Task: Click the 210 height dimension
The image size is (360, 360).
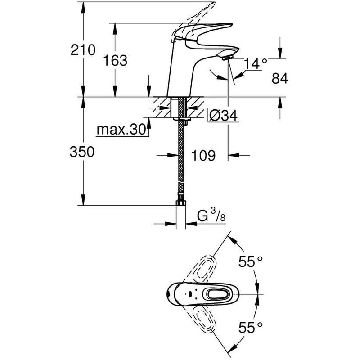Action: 83,50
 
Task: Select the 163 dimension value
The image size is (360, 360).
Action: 115,60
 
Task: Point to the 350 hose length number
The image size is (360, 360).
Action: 82,152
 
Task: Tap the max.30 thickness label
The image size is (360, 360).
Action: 121,130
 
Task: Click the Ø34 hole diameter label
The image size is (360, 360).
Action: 223,115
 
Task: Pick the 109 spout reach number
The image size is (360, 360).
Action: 204,155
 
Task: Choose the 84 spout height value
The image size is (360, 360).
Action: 280,78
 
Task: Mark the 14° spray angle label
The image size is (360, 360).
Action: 256,63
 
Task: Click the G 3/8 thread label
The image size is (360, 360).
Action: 211,216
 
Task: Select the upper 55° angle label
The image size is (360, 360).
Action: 251,261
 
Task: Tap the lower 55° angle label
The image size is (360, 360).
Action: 251,327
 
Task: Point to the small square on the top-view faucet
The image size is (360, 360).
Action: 190,294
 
